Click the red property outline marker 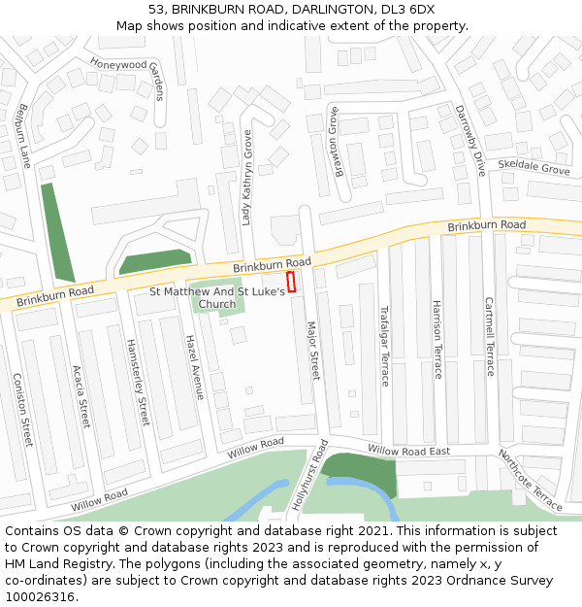291,282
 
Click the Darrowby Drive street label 469,140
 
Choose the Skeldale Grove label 533,168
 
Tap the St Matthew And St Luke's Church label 217,297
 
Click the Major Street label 312,351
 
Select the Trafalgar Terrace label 383,347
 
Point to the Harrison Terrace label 436,339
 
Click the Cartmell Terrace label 489,337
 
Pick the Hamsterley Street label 138,383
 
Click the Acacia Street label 81,396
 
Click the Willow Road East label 408,451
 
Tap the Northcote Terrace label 531,480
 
